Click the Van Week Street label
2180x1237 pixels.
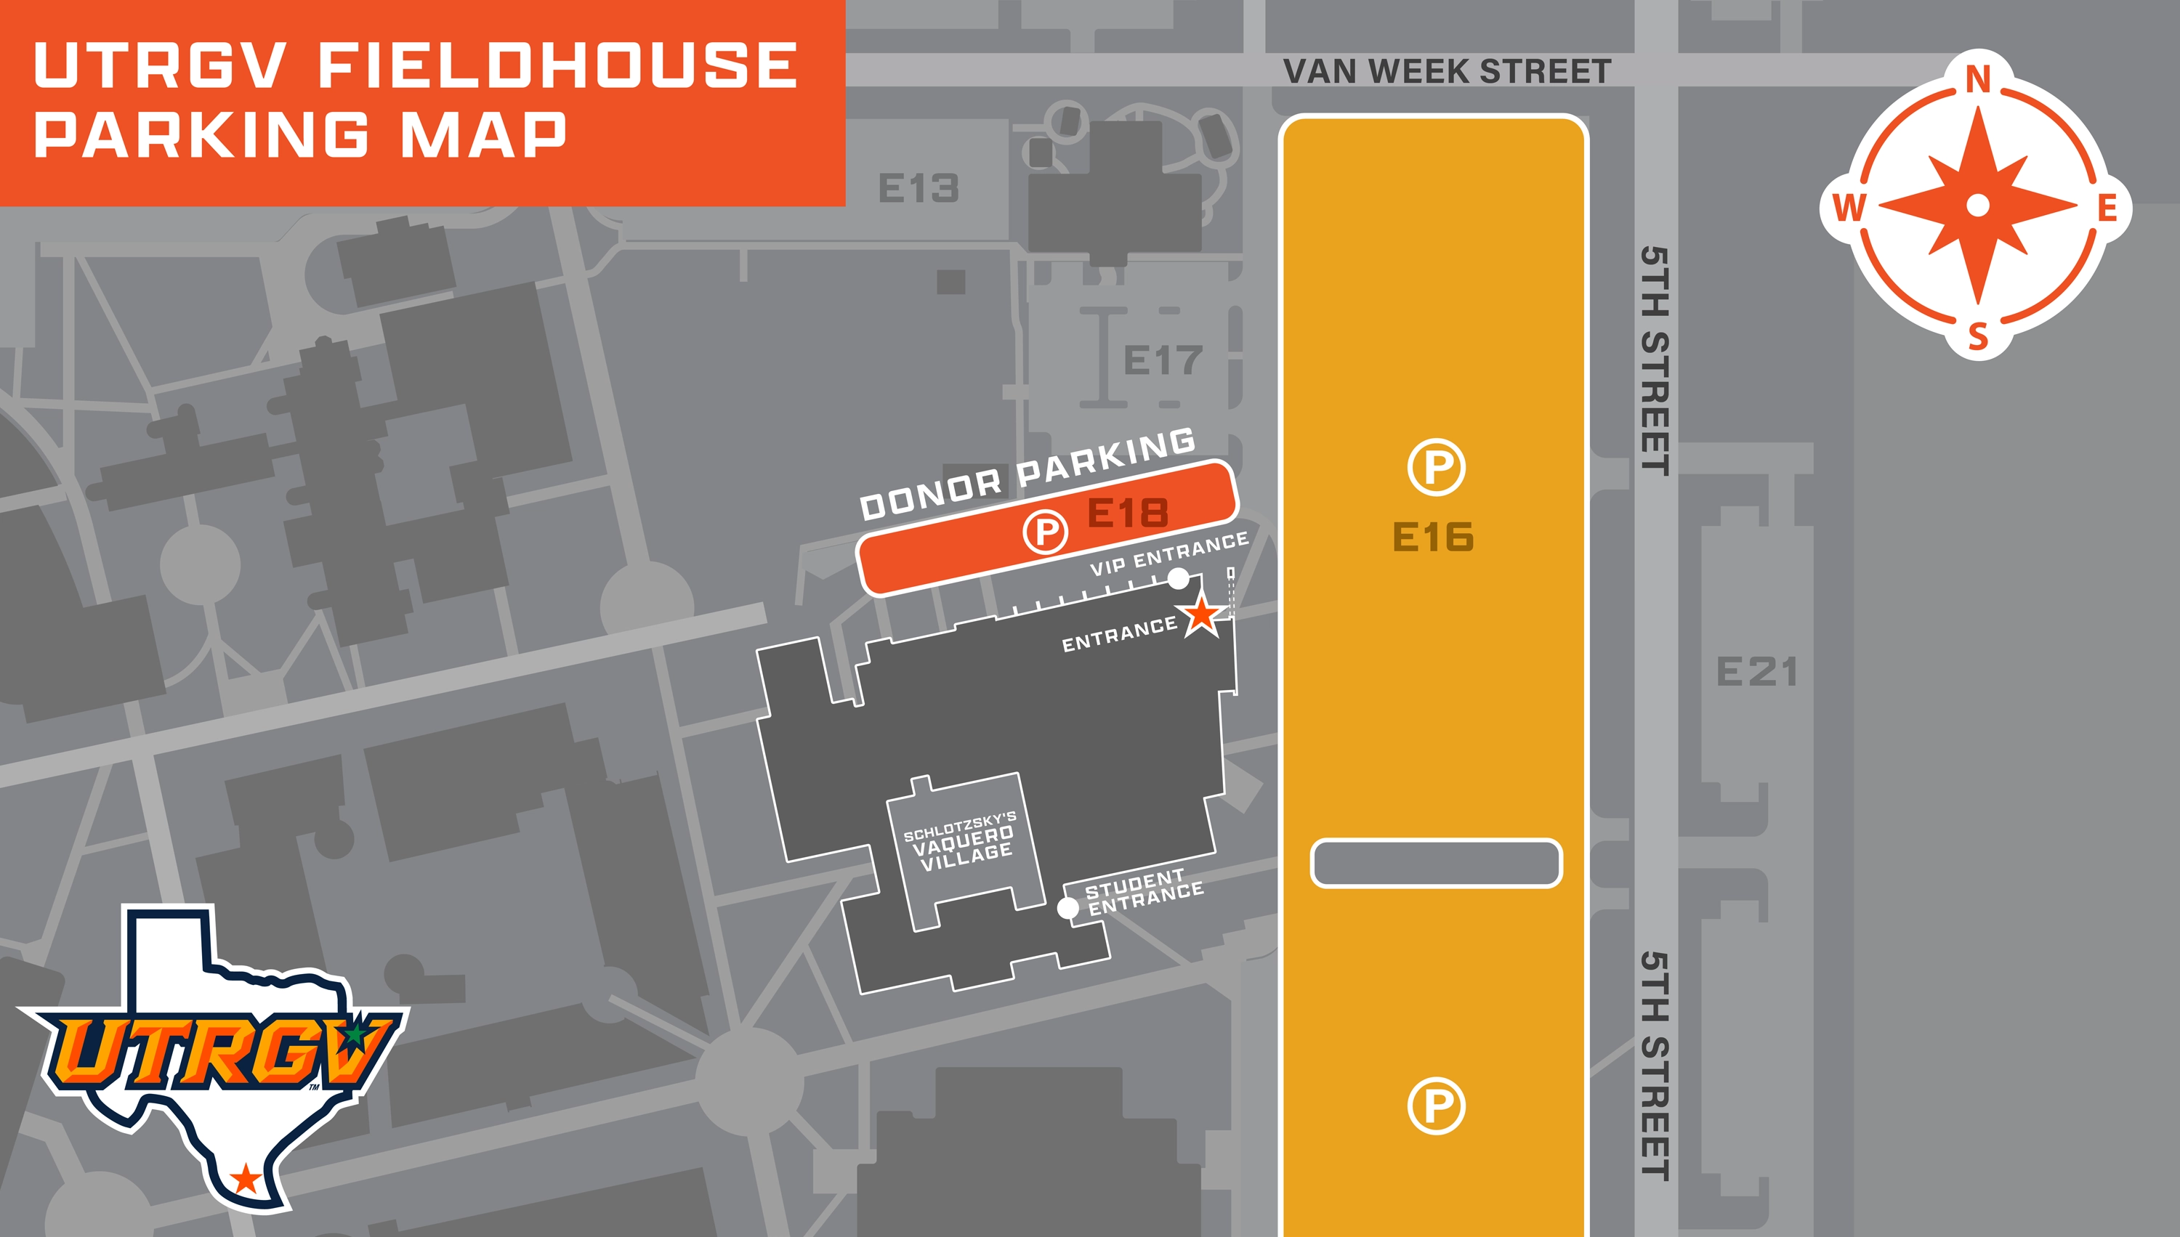(x=1447, y=71)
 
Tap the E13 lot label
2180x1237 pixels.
(x=918, y=187)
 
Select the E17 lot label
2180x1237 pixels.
(x=1163, y=360)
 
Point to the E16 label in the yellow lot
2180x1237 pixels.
(x=1433, y=537)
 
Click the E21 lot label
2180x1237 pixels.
(x=1757, y=672)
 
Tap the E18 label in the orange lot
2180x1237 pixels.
(x=1128, y=513)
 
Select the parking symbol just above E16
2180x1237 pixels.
(x=1435, y=466)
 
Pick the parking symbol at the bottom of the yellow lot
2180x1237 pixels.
(x=1435, y=1106)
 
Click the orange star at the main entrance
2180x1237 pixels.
(x=1202, y=615)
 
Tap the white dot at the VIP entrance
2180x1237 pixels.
(x=1178, y=579)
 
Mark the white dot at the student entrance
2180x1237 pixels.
(x=1067, y=907)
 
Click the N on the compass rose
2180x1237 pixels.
(x=1979, y=80)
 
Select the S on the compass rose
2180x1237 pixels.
(x=1979, y=337)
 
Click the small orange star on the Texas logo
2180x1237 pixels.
(x=246, y=1178)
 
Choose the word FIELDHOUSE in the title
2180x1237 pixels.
(x=557, y=65)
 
